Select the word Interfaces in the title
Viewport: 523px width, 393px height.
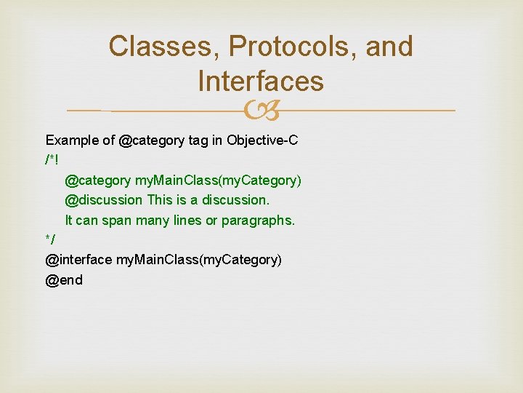pyautogui.click(x=260, y=81)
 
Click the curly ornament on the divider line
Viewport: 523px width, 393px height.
pyautogui.click(x=261, y=111)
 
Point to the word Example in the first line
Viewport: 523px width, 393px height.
pyautogui.click(x=70, y=140)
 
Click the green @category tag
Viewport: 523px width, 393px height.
pyautogui.click(x=98, y=180)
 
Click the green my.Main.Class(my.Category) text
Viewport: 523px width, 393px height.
pyautogui.click(x=218, y=180)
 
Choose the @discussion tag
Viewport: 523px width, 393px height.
pyautogui.click(x=104, y=199)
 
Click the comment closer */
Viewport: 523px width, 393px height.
pyautogui.click(x=50, y=239)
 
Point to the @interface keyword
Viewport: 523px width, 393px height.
pyautogui.click(x=78, y=259)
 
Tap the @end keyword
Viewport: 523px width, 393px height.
pyautogui.click(x=64, y=279)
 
